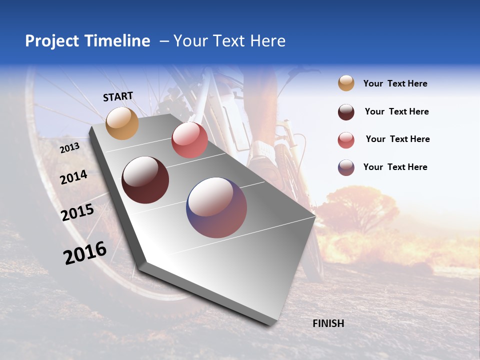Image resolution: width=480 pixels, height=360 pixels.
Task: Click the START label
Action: tap(118, 96)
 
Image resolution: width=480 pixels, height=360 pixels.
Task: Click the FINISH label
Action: tap(328, 323)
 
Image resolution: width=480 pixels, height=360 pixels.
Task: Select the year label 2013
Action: tap(70, 148)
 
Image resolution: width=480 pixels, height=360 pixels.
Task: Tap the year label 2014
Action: tap(73, 177)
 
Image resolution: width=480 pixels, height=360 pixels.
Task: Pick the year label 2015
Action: tap(77, 212)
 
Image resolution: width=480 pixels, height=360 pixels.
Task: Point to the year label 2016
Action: tap(85, 253)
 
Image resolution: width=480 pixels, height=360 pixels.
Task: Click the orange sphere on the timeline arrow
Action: tap(122, 123)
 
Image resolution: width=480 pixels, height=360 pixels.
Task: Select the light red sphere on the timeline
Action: tap(189, 140)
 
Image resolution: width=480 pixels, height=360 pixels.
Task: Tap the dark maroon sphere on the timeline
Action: tap(145, 180)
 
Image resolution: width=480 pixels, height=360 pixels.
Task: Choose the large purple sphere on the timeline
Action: tap(216, 207)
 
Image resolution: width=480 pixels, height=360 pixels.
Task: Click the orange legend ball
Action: tap(346, 83)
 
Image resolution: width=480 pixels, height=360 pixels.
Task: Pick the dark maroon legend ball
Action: tap(346, 112)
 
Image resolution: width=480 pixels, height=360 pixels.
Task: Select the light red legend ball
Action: tap(346, 140)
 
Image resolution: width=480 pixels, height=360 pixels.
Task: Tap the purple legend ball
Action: tap(346, 167)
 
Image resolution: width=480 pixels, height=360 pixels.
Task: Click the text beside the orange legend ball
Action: tap(395, 83)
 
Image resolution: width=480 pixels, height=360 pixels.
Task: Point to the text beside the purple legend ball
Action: tap(395, 167)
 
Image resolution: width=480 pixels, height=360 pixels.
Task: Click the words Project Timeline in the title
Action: tap(87, 41)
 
